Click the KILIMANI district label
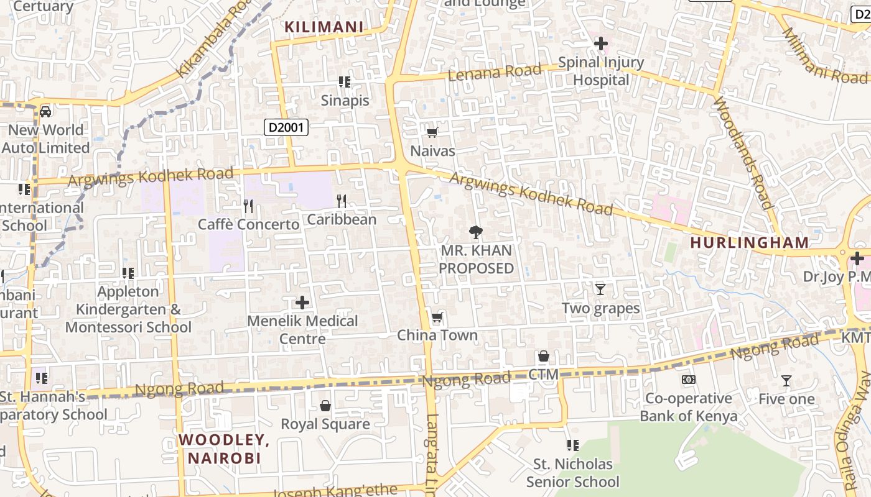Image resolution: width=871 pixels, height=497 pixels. click(x=324, y=27)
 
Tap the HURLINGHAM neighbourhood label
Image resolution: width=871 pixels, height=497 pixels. click(x=750, y=243)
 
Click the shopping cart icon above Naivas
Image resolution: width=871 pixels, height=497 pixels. click(x=432, y=132)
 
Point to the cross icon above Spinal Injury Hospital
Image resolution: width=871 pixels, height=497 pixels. click(x=601, y=43)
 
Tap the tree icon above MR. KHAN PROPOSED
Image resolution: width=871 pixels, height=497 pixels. click(x=476, y=233)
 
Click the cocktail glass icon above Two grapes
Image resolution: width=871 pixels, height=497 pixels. click(x=600, y=290)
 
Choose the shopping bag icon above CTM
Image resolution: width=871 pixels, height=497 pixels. click(x=544, y=356)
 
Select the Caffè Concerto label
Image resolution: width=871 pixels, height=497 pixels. click(x=248, y=224)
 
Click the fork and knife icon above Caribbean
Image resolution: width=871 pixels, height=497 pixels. click(x=341, y=201)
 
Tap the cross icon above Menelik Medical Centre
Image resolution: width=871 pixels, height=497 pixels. click(x=302, y=303)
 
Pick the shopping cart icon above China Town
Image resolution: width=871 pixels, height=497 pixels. click(x=437, y=318)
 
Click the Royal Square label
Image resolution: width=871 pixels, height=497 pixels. click(x=325, y=424)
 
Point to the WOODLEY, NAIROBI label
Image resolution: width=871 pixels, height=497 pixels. click(x=224, y=449)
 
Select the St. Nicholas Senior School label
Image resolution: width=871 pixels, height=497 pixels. click(x=573, y=473)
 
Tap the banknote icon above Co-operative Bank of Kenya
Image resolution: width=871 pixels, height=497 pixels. click(x=689, y=379)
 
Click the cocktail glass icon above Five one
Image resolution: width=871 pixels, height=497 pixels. click(x=786, y=381)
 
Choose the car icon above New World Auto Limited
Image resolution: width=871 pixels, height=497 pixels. click(x=45, y=112)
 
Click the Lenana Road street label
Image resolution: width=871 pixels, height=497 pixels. click(x=495, y=73)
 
